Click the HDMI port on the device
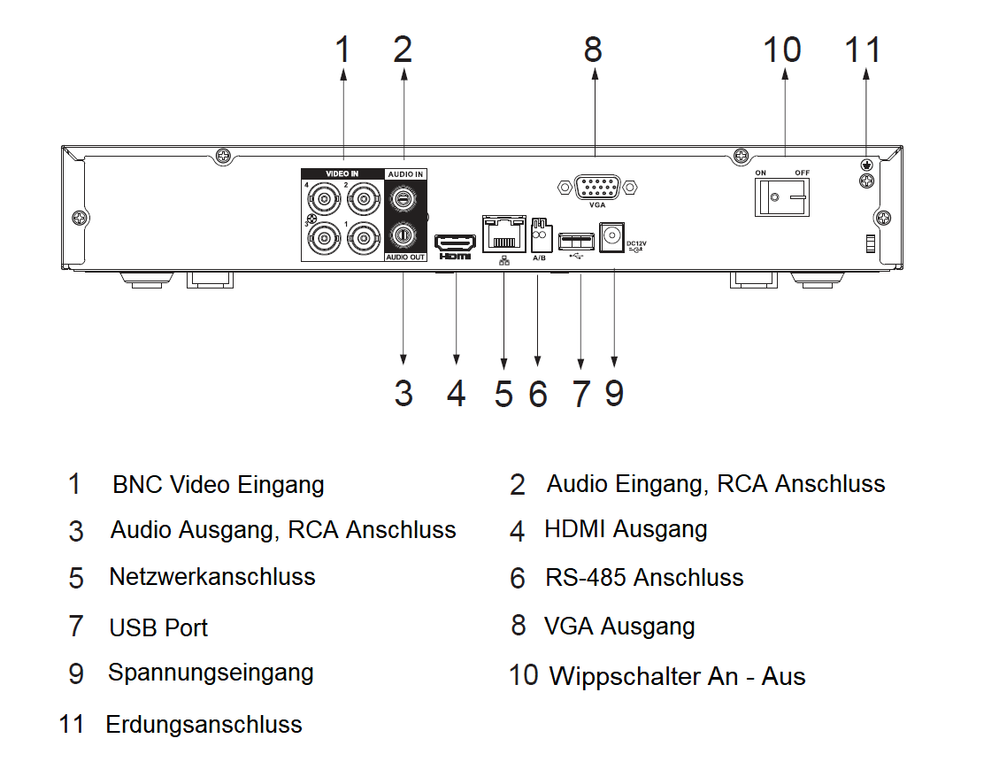tap(456, 242)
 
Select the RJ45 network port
tap(503, 234)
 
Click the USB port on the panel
tap(576, 238)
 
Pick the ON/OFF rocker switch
tap(781, 196)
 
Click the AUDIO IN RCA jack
tap(403, 200)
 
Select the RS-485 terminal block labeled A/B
tap(539, 236)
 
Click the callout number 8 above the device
tap(593, 50)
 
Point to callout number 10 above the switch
tap(782, 50)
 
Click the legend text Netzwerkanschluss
tap(212, 577)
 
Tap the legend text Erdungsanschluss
tap(204, 725)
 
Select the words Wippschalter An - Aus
tap(677, 677)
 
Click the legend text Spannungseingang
tap(211, 673)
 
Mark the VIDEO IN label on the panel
tap(342, 174)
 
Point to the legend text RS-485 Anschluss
tap(644, 578)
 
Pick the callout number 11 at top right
tap(864, 50)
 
